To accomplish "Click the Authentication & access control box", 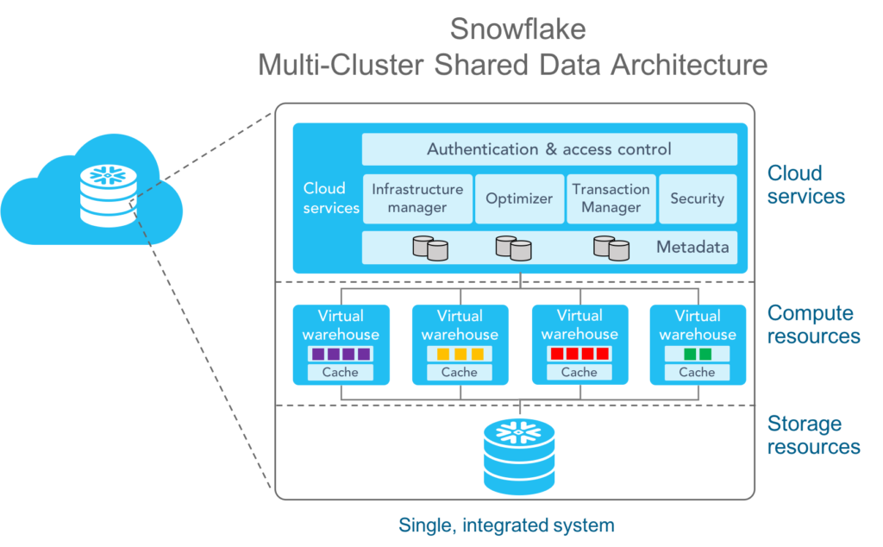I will click(549, 149).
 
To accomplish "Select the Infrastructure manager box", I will click(417, 198).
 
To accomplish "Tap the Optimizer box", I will click(519, 198).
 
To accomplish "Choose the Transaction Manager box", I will click(611, 198).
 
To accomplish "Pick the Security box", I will click(697, 198).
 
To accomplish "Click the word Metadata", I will click(692, 248).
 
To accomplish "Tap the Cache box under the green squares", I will click(697, 373).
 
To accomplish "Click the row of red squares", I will click(579, 354).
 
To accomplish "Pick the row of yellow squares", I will click(459, 354).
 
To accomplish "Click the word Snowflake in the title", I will click(517, 29).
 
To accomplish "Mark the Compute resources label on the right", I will click(813, 324).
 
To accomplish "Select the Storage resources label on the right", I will click(813, 436).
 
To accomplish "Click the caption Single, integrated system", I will click(506, 525).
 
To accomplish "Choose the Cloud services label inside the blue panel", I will click(330, 198).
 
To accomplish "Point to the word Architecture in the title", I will click(689, 65).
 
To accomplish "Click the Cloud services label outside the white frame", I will click(805, 184).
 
